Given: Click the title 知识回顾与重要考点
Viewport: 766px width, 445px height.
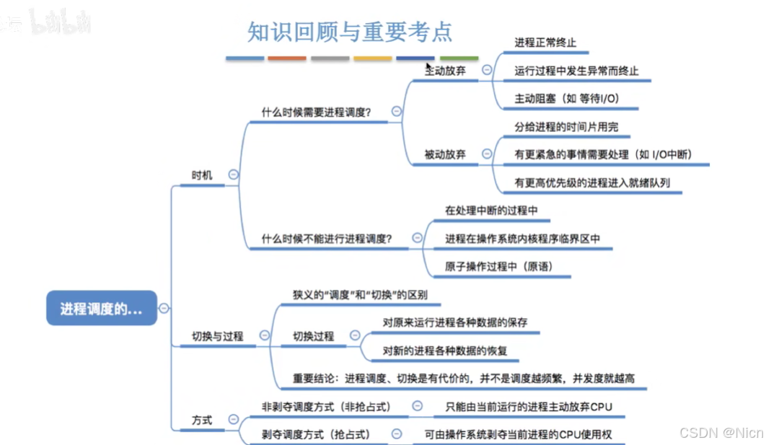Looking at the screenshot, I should coord(351,31).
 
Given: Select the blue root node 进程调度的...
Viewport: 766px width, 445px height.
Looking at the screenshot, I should coord(102,309).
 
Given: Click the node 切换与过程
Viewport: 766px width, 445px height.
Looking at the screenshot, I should coord(217,336).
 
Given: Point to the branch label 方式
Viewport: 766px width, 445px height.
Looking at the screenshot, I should coord(202,420).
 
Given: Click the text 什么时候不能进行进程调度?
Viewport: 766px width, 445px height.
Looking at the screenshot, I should coord(327,239).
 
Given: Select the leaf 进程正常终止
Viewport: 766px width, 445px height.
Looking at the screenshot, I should coord(545,43).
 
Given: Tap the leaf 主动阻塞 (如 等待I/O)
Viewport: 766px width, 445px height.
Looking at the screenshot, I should coord(568,98).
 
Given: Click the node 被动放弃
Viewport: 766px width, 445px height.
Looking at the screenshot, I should coord(445,154).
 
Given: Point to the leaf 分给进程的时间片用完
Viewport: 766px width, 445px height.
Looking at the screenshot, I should coord(566,127).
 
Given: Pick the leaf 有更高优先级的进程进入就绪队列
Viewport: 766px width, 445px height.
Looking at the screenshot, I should coord(592,182).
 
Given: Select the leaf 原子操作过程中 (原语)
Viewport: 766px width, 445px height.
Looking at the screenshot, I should coord(498,266).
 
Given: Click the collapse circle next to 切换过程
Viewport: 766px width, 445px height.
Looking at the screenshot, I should coord(354,335).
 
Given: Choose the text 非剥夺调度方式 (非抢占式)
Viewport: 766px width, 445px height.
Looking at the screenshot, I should coord(326,407).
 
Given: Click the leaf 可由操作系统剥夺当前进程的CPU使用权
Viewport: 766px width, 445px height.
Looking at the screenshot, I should coord(522,434).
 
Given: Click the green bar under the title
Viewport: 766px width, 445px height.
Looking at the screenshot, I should coord(459,58).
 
